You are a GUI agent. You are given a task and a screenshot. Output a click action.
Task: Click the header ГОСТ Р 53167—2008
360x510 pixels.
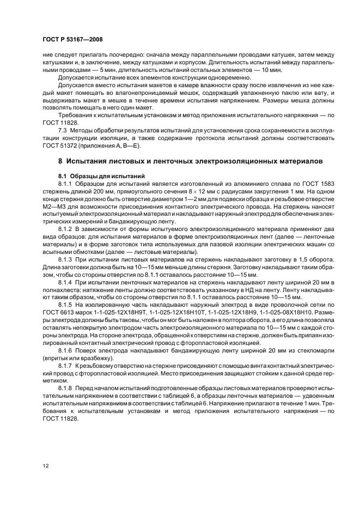pyautogui.click(x=72, y=39)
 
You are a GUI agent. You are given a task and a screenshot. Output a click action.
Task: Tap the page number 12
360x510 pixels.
pyautogui.click(x=45, y=465)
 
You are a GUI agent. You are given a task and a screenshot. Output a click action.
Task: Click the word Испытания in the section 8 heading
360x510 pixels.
pyautogui.click(x=90, y=162)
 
